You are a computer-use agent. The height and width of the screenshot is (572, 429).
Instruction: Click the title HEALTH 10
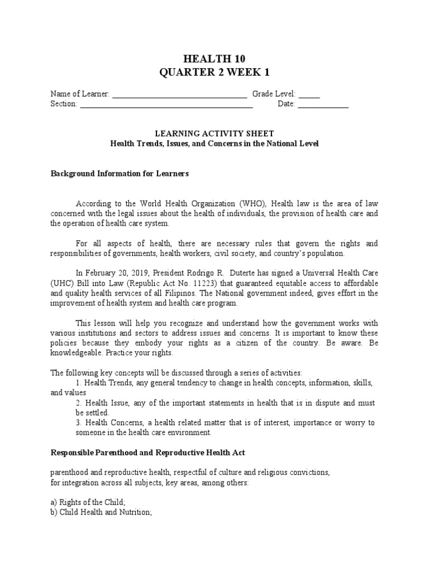214,59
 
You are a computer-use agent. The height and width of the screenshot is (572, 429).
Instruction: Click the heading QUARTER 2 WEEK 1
214,72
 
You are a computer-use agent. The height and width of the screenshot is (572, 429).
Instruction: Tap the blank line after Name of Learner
179,95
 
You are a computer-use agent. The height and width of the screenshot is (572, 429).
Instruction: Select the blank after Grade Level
309,95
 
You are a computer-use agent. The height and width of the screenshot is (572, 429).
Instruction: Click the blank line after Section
166,104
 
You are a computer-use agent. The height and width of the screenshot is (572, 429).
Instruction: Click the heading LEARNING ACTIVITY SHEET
214,134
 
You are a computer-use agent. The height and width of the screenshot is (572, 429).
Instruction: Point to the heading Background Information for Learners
120,174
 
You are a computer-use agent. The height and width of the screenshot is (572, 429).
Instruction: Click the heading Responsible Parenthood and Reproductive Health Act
147,452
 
